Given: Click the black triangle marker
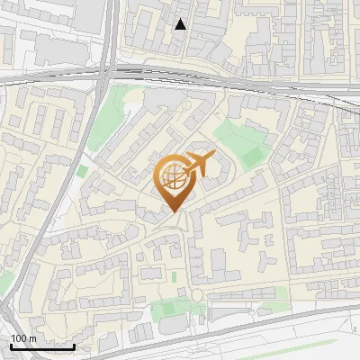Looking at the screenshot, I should [x=181, y=24].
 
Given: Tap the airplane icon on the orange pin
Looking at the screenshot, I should [x=197, y=166].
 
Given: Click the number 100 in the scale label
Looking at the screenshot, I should [x=18, y=338].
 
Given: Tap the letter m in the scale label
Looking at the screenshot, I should [x=31, y=338].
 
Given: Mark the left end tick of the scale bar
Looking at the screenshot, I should [x=10, y=346].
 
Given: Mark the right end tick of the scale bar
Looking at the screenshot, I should [x=74, y=346].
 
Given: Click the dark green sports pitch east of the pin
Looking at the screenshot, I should [x=255, y=156].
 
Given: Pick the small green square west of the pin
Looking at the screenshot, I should [x=83, y=170].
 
